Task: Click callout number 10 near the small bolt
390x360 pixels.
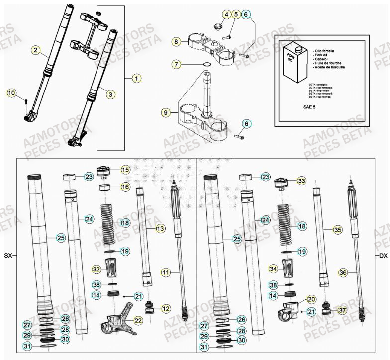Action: tap(11, 93)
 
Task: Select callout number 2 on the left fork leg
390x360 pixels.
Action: tap(35, 49)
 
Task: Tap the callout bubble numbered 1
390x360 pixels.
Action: tap(137, 78)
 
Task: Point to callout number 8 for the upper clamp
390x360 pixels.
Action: tap(175, 42)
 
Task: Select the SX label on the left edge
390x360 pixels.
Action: tap(8, 256)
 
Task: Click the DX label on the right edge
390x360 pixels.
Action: tap(382, 256)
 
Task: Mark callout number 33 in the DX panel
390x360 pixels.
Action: tap(301, 181)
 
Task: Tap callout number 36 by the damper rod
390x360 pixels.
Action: tap(343, 272)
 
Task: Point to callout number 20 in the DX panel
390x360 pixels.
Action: tap(311, 299)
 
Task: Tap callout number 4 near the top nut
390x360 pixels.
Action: tap(226, 15)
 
